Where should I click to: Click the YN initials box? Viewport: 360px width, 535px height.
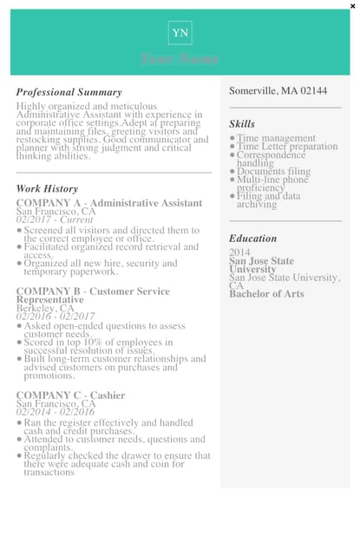click(180, 33)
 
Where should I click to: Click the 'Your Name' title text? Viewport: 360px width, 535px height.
click(180, 59)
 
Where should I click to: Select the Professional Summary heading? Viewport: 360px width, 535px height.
click(69, 92)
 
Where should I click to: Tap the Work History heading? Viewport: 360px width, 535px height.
click(47, 188)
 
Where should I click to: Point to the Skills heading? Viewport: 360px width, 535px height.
click(242, 124)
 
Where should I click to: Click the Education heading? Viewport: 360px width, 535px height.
click(253, 238)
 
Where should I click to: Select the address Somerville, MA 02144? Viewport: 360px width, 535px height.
click(278, 91)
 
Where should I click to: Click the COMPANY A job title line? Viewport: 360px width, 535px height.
click(109, 203)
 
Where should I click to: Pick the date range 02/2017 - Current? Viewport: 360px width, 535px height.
click(54, 220)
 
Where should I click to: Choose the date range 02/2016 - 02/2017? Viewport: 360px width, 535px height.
click(56, 316)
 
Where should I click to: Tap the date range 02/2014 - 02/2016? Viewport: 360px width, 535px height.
click(56, 412)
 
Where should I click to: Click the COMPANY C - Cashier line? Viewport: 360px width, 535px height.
click(70, 395)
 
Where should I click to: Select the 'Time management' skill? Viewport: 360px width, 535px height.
click(276, 138)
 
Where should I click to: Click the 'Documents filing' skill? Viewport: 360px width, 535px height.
click(273, 172)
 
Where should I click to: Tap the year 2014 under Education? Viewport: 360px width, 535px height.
click(239, 252)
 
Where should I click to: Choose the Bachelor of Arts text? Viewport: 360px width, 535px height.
click(266, 294)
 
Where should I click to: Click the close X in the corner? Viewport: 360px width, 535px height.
click(352, 6)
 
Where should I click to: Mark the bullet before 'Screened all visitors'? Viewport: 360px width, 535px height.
click(19, 231)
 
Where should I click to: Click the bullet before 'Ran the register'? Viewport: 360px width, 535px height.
click(19, 422)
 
